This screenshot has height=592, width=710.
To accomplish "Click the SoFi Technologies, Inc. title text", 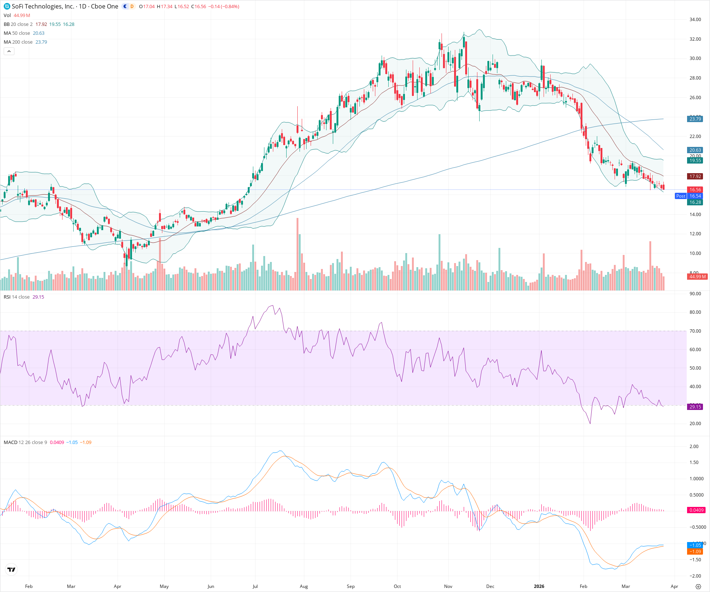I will (x=43, y=6).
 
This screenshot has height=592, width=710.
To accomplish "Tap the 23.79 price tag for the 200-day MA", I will (x=695, y=119).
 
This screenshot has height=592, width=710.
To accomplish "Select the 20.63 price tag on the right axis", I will (x=695, y=150).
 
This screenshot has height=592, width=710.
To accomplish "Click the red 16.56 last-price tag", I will (x=695, y=189).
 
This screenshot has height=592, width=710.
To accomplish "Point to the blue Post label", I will (x=680, y=196).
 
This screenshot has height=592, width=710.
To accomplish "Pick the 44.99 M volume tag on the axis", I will (x=697, y=276).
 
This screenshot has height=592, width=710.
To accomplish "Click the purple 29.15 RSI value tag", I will (x=695, y=407).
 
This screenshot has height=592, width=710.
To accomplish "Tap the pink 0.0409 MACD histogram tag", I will (x=696, y=510).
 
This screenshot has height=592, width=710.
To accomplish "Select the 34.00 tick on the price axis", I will (x=695, y=20).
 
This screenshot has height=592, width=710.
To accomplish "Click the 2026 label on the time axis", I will (x=539, y=586).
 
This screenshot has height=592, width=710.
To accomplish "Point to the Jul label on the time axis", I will (x=255, y=586).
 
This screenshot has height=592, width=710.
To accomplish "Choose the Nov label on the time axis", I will (x=448, y=586).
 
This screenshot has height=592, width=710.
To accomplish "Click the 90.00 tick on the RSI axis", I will (x=695, y=294).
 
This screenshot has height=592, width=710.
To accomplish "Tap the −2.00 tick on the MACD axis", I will (x=695, y=576).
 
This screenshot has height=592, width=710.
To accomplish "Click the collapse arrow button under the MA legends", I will (x=9, y=51).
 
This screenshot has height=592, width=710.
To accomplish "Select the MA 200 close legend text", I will (x=18, y=42).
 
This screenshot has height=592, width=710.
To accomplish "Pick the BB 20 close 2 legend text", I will (x=18, y=24).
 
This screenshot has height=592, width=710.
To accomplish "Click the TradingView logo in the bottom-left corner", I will (x=11, y=569).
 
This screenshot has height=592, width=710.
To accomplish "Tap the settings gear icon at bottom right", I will (x=698, y=586).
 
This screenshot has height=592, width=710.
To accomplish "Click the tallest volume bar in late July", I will (x=297, y=255).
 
